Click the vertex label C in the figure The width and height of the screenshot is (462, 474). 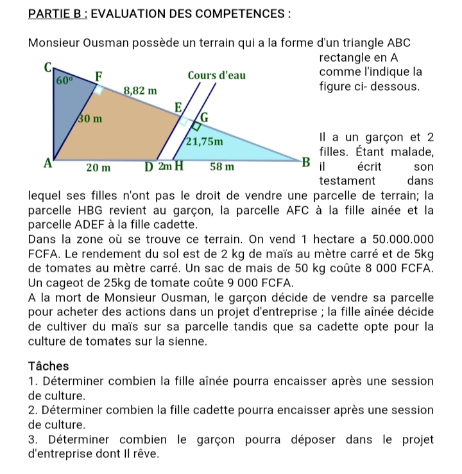point(46,67)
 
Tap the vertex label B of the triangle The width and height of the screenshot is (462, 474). point(306,161)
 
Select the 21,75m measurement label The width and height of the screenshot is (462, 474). point(204,141)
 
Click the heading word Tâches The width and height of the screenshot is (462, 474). point(49,366)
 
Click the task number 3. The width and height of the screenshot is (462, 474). point(32,440)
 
